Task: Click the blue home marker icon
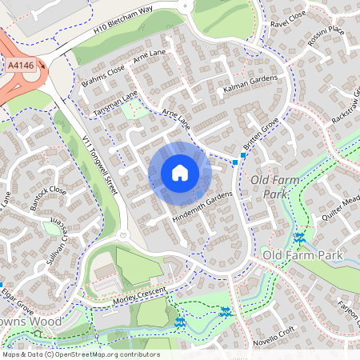pyautogui.click(x=180, y=173)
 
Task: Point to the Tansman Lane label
pyautogui.click(x=115, y=101)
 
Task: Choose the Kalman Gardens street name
pyautogui.click(x=250, y=82)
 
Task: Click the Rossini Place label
pyautogui.click(x=326, y=34)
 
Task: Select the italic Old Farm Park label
pyautogui.click(x=275, y=186)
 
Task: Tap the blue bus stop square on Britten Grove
pyautogui.click(x=235, y=162)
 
